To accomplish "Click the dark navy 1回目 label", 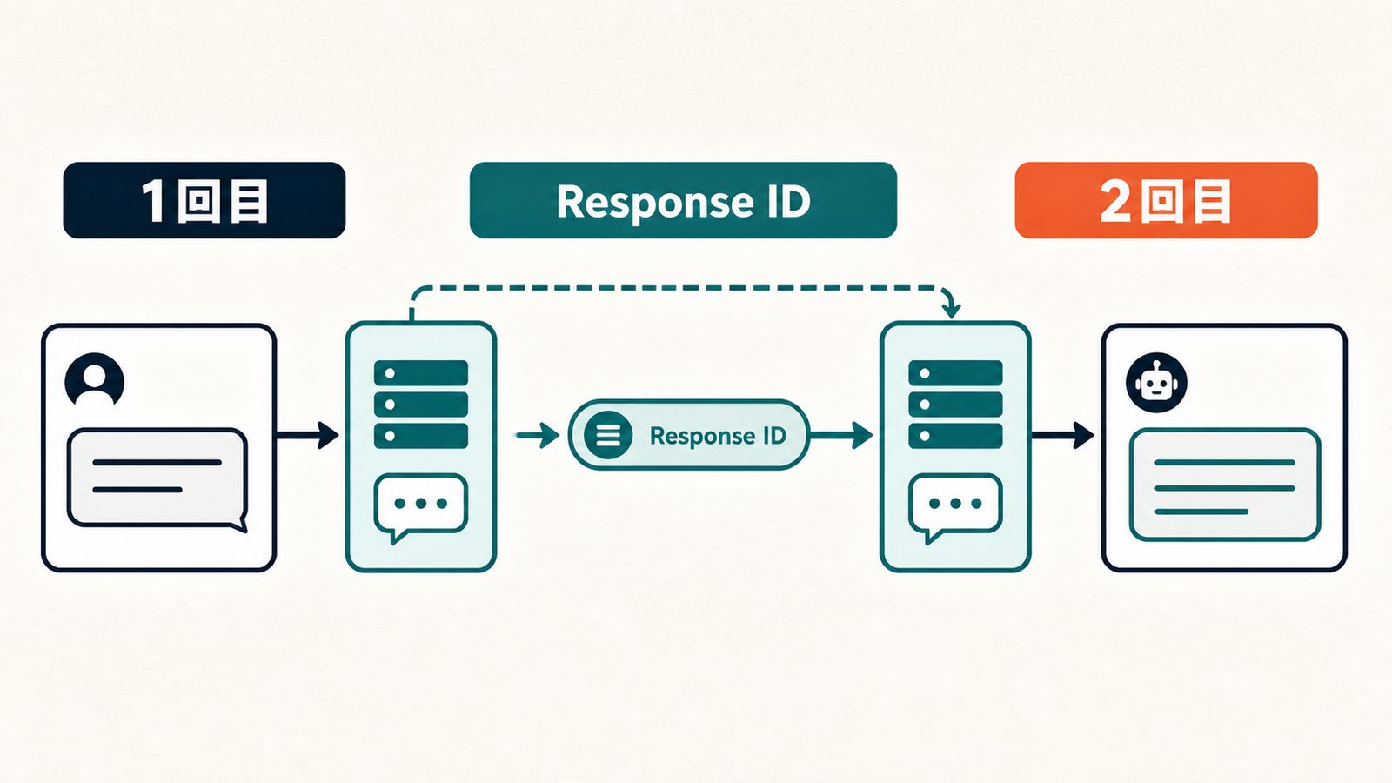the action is [x=204, y=200].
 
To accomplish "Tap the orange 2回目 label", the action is [x=1166, y=200].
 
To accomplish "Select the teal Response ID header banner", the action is [x=683, y=200].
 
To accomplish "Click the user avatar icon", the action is [x=95, y=379].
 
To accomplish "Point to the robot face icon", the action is [x=1156, y=383].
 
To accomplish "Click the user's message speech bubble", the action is [x=157, y=478].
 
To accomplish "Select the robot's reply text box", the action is [x=1225, y=485].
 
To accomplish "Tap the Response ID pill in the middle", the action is [x=688, y=434].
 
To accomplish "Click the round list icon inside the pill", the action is [x=608, y=435].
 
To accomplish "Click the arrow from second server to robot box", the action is [x=1062, y=434].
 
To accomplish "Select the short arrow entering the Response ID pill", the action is [x=539, y=435].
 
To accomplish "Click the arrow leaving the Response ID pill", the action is [x=841, y=435].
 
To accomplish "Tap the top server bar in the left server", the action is [x=421, y=373].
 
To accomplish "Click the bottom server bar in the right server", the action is [x=955, y=436].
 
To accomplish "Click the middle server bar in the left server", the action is [x=421, y=405].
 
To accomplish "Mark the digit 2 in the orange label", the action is [x=1117, y=201].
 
